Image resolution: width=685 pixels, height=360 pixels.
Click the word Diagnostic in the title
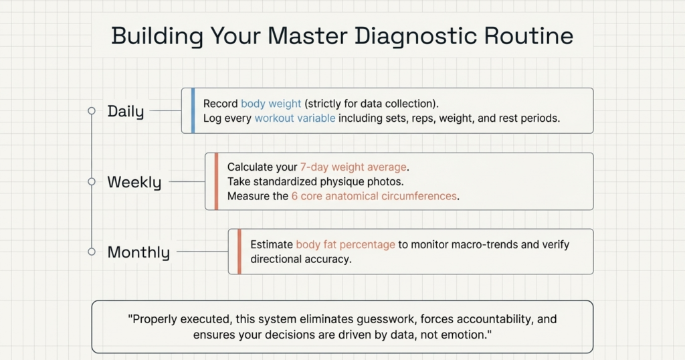[x=415, y=36]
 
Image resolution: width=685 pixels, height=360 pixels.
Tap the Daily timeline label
[x=126, y=111]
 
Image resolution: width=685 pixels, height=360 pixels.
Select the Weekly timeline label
[x=134, y=182]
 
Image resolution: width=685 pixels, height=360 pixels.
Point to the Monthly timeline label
[x=138, y=252]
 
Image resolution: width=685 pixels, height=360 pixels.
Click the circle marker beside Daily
[x=91, y=111]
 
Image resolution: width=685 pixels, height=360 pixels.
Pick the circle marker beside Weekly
[x=91, y=181]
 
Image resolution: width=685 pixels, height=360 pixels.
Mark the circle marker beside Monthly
[x=91, y=252]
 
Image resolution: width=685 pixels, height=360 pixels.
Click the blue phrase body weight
[x=271, y=104]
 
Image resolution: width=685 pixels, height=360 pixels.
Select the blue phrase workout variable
[x=295, y=118]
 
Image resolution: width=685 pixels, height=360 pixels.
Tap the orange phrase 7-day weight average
[x=353, y=167]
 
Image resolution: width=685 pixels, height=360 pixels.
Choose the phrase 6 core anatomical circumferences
[x=374, y=196]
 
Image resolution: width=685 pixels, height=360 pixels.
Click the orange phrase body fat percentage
[x=346, y=245]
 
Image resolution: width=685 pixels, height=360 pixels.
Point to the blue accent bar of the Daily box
[x=193, y=110]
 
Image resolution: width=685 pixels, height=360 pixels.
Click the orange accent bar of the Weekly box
[x=216, y=181]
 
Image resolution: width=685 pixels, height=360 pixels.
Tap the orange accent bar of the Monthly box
[x=239, y=252]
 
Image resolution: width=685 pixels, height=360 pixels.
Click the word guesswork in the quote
[x=387, y=319]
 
